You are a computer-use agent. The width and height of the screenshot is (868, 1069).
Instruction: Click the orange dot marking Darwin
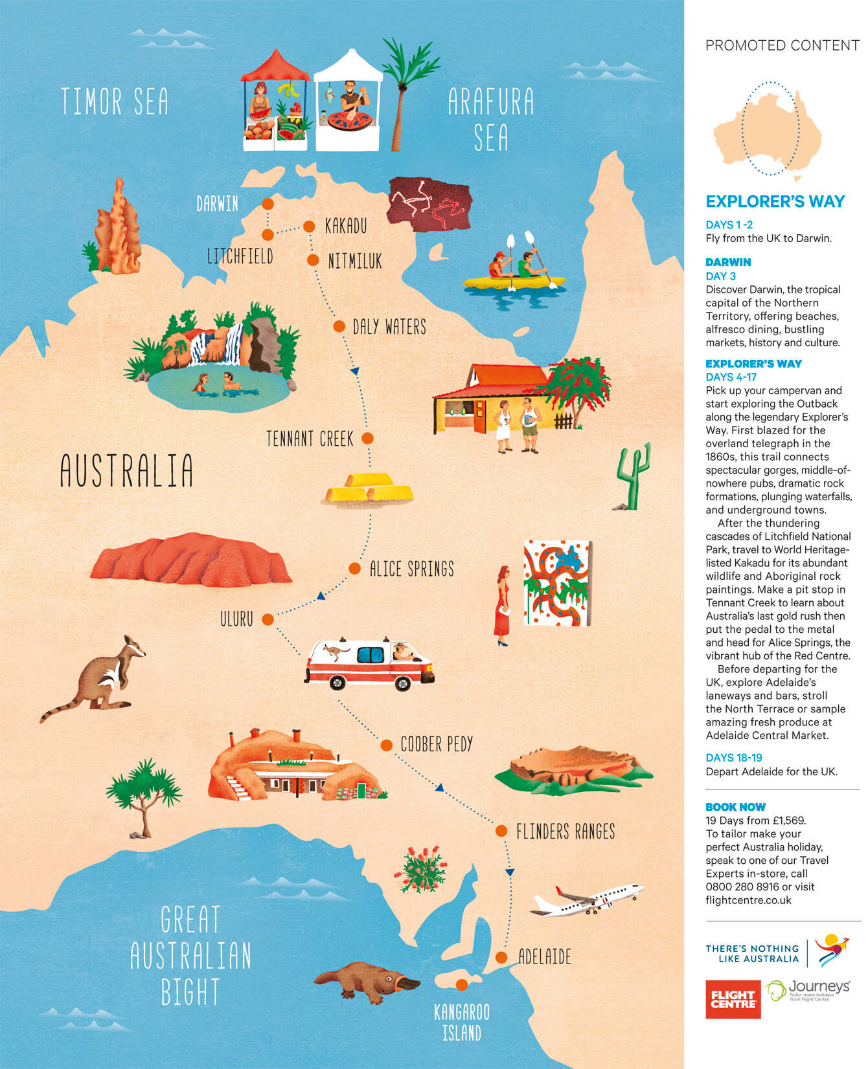[268, 204]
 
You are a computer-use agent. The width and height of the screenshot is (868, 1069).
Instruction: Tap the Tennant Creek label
[310, 439]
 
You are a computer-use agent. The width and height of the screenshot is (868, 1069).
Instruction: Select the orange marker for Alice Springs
[354, 569]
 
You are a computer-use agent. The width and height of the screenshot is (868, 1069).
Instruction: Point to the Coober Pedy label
[437, 744]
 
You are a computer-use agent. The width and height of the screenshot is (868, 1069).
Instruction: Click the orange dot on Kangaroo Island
[461, 985]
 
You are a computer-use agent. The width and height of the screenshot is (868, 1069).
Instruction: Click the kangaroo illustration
[97, 679]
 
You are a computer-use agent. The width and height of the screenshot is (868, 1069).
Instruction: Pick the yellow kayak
[514, 282]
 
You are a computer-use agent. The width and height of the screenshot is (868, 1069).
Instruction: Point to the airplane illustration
[586, 899]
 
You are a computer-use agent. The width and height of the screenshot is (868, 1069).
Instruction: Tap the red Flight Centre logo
[733, 999]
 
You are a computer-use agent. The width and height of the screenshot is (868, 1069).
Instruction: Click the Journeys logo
[808, 989]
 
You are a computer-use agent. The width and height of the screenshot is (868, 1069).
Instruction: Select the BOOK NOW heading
[735, 807]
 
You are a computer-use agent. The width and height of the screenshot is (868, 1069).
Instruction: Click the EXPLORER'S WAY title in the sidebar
[775, 202]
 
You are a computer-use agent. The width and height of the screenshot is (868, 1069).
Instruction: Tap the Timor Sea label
[115, 102]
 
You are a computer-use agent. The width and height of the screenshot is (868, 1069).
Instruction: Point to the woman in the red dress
[502, 605]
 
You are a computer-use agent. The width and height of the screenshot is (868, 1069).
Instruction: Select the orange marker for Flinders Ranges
[501, 830]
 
